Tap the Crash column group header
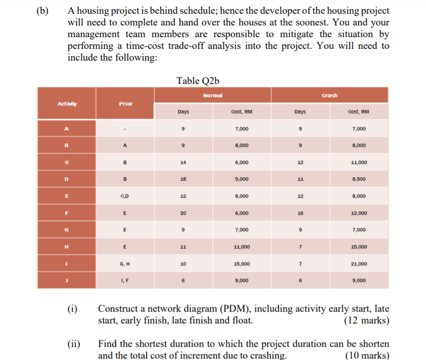coord(330,95)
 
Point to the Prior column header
coord(125,103)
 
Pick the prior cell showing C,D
coord(125,196)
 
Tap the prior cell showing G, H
coord(125,263)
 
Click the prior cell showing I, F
coord(125,280)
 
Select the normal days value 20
coord(182,213)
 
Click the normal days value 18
coord(182,179)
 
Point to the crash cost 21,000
coord(359,263)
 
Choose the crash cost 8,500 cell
coord(359,179)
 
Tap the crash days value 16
coord(301,213)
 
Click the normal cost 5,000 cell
coord(241,179)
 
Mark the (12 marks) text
coord(367,321)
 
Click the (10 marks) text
coord(367,355)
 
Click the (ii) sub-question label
coord(73,344)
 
